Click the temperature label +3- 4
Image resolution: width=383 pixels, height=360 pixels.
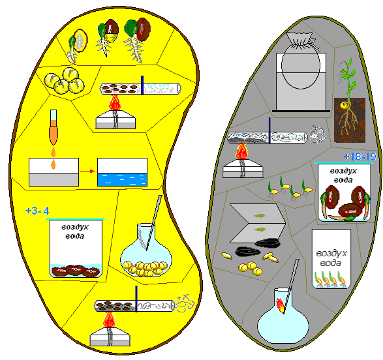point(37,211)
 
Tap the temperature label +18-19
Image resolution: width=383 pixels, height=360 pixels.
point(360,157)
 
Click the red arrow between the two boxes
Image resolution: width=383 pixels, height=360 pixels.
point(87,171)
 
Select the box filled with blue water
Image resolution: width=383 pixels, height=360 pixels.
point(123,172)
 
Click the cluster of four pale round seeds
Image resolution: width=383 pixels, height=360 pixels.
point(65,81)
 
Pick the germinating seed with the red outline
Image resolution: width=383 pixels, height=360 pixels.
point(78,46)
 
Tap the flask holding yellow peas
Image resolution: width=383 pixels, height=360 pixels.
point(146,250)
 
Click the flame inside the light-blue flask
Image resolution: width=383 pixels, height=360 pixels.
point(280,305)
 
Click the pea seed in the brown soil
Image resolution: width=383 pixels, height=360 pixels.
point(344,106)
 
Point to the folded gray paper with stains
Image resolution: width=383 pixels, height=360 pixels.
point(258,224)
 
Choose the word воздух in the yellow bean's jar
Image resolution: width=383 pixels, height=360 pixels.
point(75,227)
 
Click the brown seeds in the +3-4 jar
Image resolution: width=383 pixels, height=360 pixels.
point(76,271)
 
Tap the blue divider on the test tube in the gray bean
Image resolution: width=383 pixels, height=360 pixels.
point(269,130)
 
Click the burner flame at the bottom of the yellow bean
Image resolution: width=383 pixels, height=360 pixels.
point(109,320)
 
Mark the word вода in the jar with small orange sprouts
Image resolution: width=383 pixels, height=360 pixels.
point(331,263)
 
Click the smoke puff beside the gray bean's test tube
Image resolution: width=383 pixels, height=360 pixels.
point(317,134)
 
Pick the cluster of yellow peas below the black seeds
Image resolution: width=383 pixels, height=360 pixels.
point(251,269)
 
